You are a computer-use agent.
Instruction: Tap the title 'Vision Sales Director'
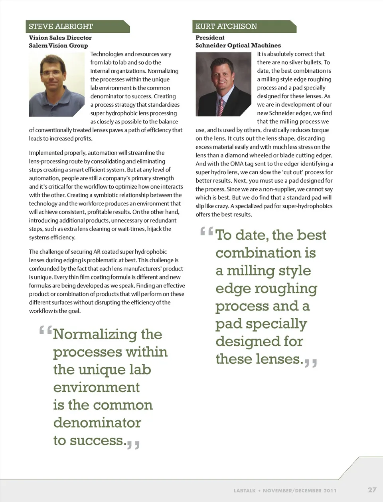coord(60,38)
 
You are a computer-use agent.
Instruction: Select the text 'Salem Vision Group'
coord(58,46)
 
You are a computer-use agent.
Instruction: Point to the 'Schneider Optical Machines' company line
coord(238,46)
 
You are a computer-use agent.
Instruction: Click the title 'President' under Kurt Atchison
coord(210,38)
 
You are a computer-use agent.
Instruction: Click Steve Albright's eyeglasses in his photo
coord(51,73)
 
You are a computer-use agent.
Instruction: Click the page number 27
coord(372,490)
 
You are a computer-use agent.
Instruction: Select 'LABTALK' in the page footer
coord(245,490)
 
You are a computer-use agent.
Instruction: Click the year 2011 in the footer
coord(330,490)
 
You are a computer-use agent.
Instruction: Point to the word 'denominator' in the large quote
coord(97,422)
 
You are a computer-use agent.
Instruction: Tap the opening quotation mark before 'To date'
coord(207,231)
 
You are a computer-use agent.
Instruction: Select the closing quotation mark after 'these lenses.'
coord(310,363)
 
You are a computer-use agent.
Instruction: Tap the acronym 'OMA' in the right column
coord(237,164)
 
